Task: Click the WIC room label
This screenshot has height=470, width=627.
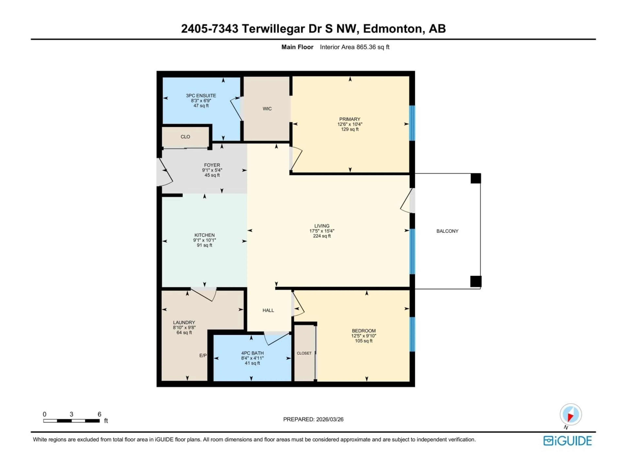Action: (267, 109)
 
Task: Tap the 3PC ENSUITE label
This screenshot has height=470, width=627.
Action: (201, 96)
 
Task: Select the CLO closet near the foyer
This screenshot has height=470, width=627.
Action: (185, 137)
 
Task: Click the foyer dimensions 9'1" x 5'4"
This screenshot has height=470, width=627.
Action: (212, 170)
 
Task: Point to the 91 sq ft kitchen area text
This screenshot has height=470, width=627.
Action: (204, 245)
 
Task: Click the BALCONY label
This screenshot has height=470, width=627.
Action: (447, 231)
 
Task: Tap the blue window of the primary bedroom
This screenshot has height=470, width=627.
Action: (412, 123)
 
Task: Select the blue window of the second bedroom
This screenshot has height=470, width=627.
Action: (412, 334)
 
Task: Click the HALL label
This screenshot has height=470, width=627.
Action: (268, 311)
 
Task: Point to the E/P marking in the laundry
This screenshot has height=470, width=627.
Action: (203, 356)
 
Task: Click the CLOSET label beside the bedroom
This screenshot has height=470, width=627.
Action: (304, 353)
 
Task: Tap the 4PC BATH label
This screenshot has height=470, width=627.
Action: (252, 353)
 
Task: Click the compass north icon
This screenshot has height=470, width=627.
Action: (571, 415)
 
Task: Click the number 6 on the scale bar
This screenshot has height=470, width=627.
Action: (99, 414)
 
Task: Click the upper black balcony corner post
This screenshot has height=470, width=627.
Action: (476, 179)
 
